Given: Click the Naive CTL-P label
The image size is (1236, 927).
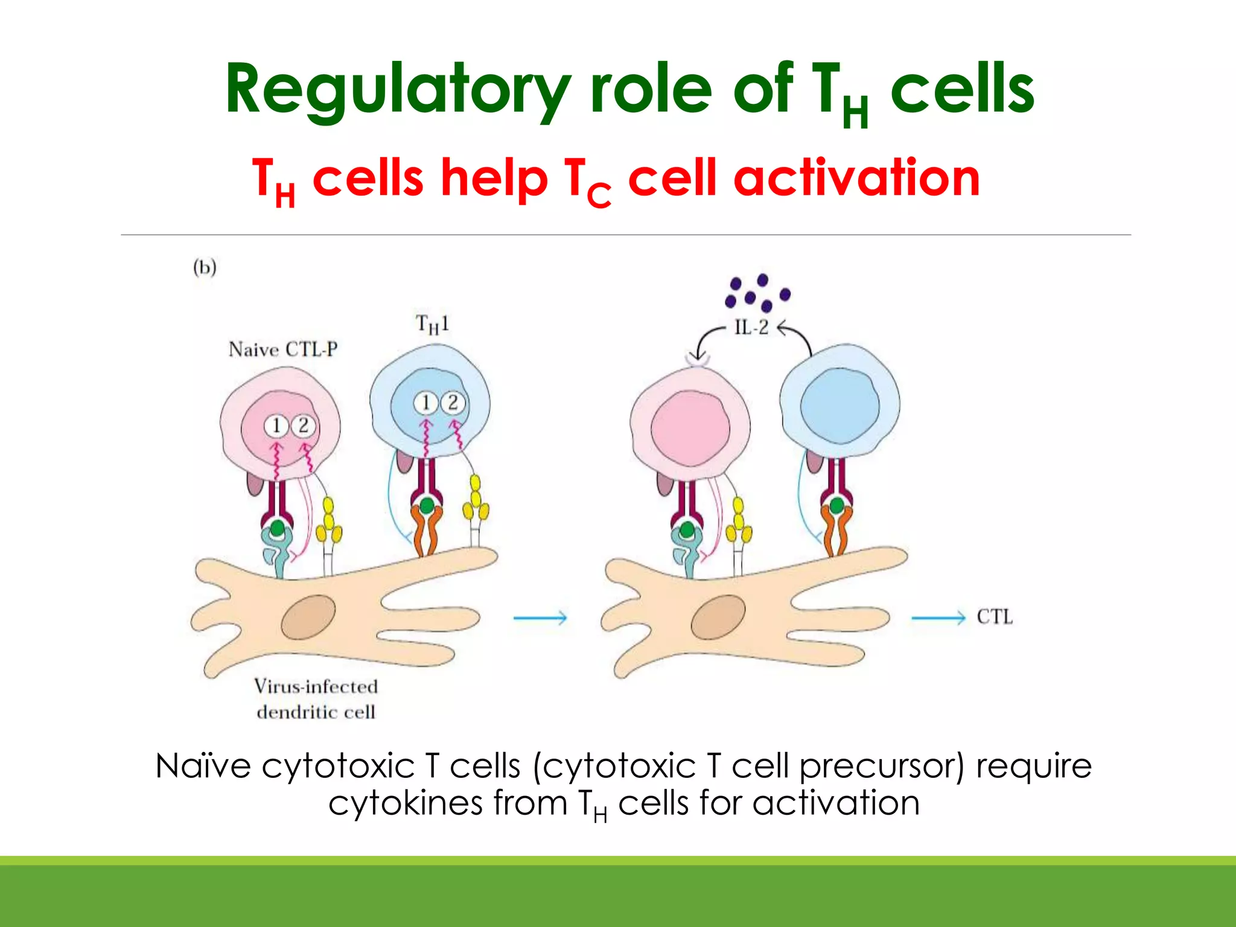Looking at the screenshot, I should (282, 349).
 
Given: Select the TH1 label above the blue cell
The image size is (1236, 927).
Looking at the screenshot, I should (432, 325).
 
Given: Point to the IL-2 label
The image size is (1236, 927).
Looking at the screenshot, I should (751, 328).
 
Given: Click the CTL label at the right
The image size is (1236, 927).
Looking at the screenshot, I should (995, 617).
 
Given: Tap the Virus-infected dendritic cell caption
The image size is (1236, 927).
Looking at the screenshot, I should (316, 699).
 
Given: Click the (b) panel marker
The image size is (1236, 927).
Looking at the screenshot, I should (205, 267).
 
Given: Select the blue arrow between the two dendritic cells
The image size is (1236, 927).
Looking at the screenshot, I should (540, 617).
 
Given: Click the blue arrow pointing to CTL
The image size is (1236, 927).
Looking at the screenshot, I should (938, 617).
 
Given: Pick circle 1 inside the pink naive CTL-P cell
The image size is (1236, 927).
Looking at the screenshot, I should (276, 426).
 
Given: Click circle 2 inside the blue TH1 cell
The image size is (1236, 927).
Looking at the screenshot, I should (453, 403).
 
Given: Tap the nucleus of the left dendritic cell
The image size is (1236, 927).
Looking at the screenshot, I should (308, 617).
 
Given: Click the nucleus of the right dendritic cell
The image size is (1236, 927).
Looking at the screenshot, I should (718, 617).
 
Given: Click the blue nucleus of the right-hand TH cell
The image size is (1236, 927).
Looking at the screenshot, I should (839, 406).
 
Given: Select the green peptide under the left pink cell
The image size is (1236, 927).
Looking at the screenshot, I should (277, 529).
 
